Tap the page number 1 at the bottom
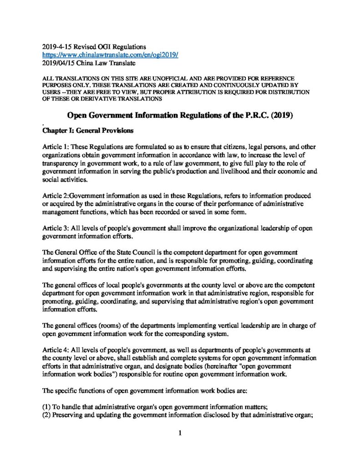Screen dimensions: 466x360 [x=180, y=433]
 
